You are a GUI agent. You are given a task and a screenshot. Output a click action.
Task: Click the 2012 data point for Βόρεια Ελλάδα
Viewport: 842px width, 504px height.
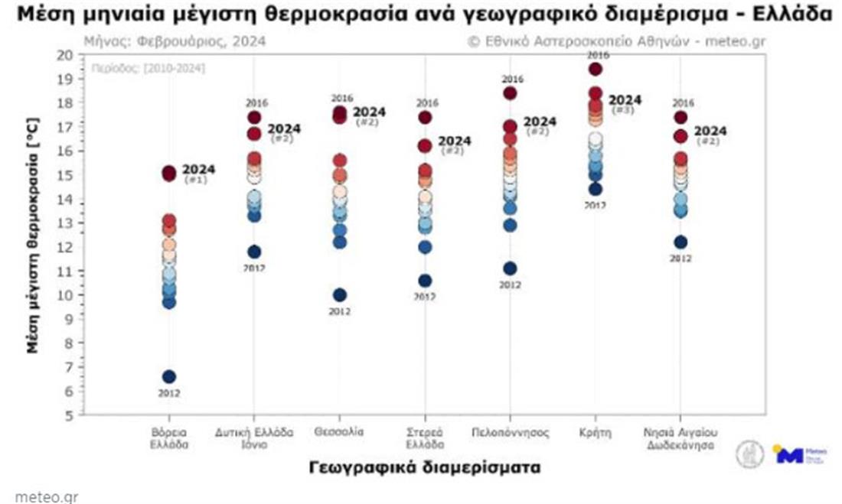click(x=169, y=376)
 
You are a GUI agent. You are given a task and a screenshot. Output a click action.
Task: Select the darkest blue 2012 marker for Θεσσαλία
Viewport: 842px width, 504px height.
click(x=340, y=295)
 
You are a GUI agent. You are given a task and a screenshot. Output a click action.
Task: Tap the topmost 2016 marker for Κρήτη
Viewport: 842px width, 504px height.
click(x=596, y=70)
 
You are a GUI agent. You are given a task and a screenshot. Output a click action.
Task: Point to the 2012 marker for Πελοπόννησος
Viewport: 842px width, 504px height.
click(x=510, y=268)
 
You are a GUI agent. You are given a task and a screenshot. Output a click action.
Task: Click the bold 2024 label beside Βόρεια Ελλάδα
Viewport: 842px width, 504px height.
click(x=199, y=169)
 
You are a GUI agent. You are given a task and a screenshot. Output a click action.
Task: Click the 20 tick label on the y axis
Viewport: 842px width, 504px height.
click(x=65, y=55)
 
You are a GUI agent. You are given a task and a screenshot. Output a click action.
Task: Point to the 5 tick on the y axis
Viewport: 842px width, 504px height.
click(x=69, y=415)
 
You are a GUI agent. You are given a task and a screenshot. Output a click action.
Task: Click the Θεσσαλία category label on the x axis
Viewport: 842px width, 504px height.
click(x=339, y=432)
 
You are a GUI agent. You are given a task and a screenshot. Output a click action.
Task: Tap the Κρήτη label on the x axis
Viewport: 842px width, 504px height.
click(x=596, y=432)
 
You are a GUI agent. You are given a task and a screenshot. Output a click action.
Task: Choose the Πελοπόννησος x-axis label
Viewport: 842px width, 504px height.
click(x=510, y=432)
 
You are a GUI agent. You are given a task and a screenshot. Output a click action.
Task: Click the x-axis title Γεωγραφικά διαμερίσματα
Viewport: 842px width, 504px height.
click(x=425, y=467)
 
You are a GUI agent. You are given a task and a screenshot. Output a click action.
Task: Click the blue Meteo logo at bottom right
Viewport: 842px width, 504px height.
click(x=796, y=454)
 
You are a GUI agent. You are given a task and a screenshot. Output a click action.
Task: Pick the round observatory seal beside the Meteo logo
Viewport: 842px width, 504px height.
click(x=749, y=454)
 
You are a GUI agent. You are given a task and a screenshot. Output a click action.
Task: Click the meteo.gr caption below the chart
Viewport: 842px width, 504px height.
click(x=46, y=496)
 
